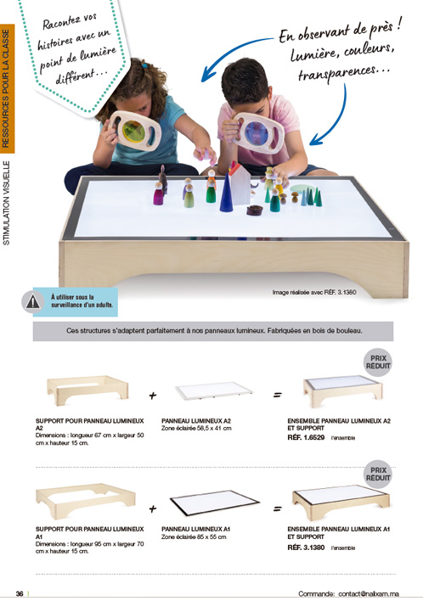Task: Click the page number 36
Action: point(20,593)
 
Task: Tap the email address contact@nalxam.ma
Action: point(369,593)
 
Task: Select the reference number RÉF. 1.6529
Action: point(306,437)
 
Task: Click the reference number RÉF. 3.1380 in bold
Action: point(306,548)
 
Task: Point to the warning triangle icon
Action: point(32,302)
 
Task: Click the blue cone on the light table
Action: point(226,193)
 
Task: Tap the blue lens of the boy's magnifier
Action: point(257,134)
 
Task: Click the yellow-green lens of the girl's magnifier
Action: point(134,132)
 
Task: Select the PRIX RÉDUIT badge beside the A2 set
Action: point(378,362)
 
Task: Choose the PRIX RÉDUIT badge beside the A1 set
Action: point(378,475)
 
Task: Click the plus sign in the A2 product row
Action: point(153,396)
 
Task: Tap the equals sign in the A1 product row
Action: point(277,509)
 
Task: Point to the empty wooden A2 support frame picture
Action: point(87,390)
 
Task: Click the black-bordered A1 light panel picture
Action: point(215,503)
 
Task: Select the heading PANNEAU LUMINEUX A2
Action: point(196,421)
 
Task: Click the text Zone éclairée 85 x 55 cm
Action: point(194,536)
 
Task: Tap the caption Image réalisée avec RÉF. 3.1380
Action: point(314,292)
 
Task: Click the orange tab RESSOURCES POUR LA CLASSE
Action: point(7,88)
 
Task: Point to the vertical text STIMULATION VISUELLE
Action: point(7,203)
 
